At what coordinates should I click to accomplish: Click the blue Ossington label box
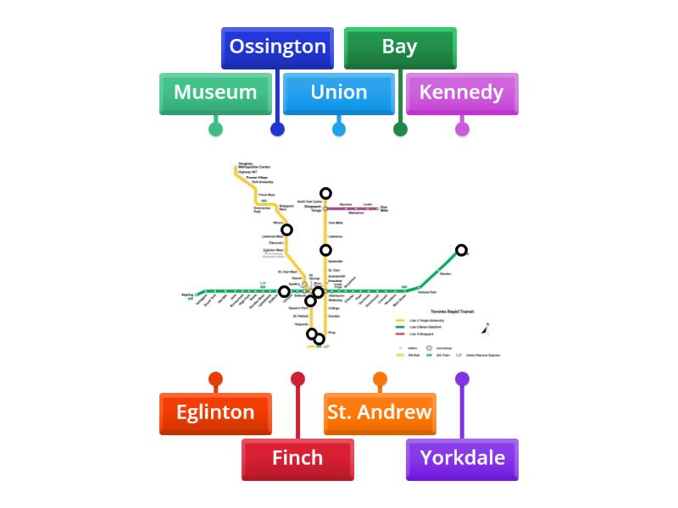pos(277,47)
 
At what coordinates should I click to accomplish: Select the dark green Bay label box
pos(400,47)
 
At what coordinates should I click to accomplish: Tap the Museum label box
pos(215,93)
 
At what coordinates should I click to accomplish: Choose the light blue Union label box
pos(338,93)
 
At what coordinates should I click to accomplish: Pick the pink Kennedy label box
pos(461,93)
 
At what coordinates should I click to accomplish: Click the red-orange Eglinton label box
pos(215,413)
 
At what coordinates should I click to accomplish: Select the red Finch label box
pos(297,459)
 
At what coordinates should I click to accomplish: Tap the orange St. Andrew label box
pos(380,413)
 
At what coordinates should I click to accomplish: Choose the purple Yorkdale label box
pos(462,459)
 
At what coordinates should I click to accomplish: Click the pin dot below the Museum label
pos(215,129)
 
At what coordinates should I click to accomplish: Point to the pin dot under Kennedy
pos(462,129)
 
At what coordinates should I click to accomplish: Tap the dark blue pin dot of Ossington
pos(277,129)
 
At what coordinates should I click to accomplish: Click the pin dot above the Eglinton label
pos(215,378)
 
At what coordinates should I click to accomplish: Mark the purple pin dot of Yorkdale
pos(462,378)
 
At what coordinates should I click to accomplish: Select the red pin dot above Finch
pos(297,378)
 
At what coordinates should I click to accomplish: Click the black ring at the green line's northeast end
pos(461,250)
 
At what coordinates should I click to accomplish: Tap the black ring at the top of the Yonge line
pos(325,194)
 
